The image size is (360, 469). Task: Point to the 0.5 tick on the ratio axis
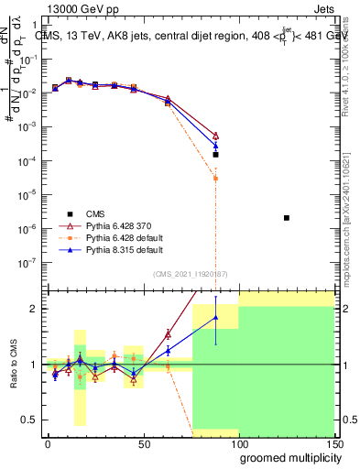(27, 420)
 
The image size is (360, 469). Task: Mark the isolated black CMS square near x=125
(287, 217)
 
